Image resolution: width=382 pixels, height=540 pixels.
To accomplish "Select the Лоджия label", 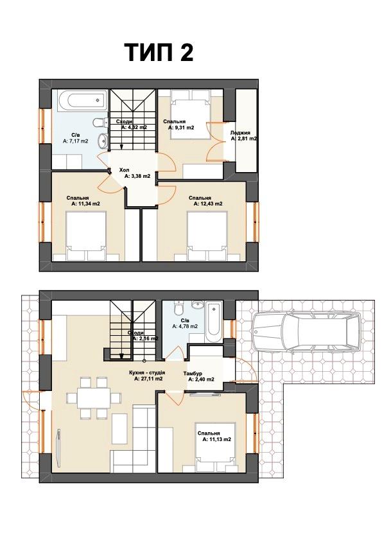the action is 240,132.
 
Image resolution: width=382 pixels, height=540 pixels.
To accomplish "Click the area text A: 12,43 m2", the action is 208,204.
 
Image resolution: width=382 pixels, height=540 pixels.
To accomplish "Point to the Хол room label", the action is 124,170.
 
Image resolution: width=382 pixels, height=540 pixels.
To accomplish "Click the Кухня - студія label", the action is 147,372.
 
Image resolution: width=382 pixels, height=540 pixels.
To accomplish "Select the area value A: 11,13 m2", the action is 216,439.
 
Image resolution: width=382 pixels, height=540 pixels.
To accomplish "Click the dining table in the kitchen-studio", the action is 93,397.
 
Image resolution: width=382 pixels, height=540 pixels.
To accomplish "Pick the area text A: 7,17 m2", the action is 75,141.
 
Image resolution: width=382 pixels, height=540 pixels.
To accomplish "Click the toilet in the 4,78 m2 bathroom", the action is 178,308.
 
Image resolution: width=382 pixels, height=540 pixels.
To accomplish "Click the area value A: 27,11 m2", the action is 148,378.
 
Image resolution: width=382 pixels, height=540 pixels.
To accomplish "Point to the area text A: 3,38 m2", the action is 137,176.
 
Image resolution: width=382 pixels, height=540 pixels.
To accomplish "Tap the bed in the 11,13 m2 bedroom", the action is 216,447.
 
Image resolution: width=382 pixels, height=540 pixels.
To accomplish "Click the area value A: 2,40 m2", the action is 201,379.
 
